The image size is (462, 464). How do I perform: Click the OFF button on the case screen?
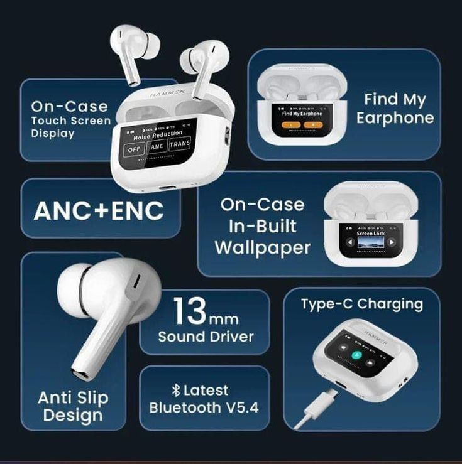click(134, 149)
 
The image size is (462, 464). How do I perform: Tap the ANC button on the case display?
click(158, 147)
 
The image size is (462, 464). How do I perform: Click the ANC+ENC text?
click(99, 210)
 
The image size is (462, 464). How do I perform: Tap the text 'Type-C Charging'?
click(361, 305)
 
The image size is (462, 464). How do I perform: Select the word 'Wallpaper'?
click(263, 247)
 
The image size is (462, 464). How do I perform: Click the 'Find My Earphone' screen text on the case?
click(302, 114)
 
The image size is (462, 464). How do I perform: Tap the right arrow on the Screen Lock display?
click(392, 242)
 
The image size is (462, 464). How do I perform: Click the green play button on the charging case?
click(356, 355)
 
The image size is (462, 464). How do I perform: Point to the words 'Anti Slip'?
click(73, 397)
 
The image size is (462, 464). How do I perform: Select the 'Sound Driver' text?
click(206, 336)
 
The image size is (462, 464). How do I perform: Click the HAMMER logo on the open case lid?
click(167, 92)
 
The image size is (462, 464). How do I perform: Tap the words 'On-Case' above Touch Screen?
click(69, 107)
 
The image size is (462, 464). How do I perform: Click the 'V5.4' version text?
click(239, 407)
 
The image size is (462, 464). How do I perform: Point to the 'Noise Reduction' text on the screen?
click(158, 134)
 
